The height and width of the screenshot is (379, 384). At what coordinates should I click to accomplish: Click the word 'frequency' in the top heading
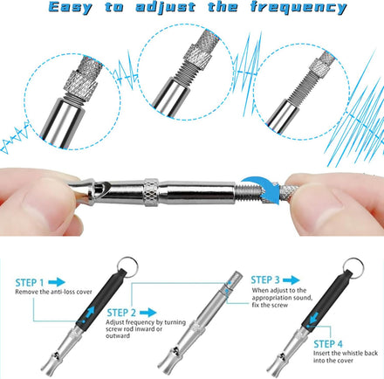click(298, 7)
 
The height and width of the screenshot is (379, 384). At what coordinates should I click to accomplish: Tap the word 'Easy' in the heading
click(70, 8)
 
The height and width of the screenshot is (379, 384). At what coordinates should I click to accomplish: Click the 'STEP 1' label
click(30, 283)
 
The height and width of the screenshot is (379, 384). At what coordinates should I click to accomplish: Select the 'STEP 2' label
click(121, 313)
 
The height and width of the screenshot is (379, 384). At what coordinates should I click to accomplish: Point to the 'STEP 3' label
click(265, 280)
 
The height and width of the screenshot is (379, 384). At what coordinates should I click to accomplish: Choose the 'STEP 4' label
click(328, 344)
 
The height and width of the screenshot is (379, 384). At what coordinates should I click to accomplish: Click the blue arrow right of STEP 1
click(57, 282)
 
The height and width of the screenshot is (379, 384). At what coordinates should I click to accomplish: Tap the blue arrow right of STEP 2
click(148, 313)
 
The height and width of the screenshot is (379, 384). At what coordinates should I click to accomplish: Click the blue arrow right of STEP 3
click(291, 280)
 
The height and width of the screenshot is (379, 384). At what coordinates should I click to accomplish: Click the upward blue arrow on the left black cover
click(89, 314)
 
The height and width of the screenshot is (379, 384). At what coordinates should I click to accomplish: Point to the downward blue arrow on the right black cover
click(313, 319)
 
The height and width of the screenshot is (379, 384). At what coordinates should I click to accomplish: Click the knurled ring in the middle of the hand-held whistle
click(152, 192)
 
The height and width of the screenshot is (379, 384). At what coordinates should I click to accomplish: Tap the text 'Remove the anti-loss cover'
click(53, 292)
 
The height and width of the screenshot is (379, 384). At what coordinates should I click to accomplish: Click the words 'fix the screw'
click(270, 305)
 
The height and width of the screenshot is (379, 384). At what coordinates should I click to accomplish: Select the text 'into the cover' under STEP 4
click(333, 361)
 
